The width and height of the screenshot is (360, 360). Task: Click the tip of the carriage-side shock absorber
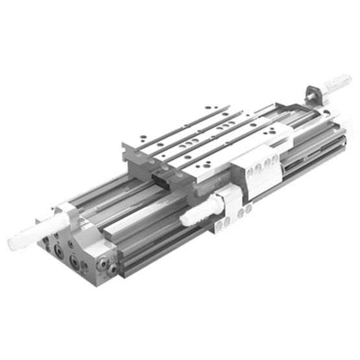point(184,221)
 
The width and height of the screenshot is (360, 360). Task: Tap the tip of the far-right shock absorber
point(348,79)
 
